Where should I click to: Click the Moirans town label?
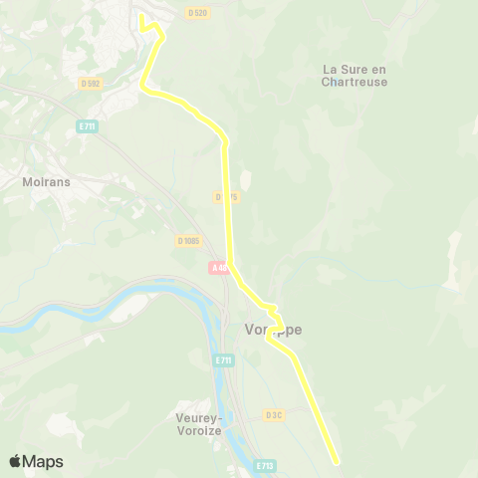pyautogui.click(x=44, y=183)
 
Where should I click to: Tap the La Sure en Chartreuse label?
pyautogui.click(x=355, y=76)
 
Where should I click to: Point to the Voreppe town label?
pyautogui.click(x=273, y=330)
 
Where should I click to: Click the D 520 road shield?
pyautogui.click(x=197, y=13)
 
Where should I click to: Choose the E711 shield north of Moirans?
pyautogui.click(x=87, y=127)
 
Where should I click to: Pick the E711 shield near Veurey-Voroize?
pyautogui.click(x=223, y=360)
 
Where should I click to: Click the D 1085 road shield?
pyautogui.click(x=188, y=241)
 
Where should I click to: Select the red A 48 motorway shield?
pyautogui.click(x=219, y=268)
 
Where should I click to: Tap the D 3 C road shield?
pyautogui.click(x=275, y=414)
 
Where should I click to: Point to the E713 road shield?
pyautogui.click(x=264, y=465)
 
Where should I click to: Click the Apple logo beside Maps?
pyautogui.click(x=15, y=461)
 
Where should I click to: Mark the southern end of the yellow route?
pyautogui.click(x=337, y=461)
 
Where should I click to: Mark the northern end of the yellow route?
pyautogui.click(x=141, y=16)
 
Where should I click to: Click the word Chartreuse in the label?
pyautogui.click(x=355, y=83)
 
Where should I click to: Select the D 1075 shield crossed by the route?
pyautogui.click(x=226, y=197)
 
